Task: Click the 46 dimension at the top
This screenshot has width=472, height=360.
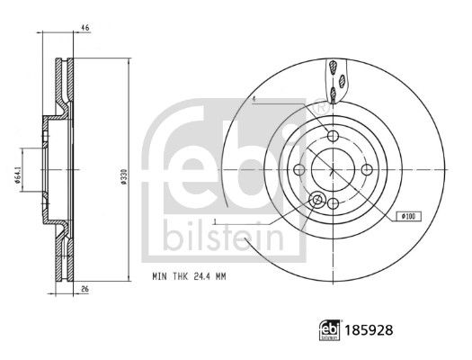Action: pyautogui.click(x=85, y=28)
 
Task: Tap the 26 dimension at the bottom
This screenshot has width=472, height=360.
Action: pyautogui.click(x=85, y=289)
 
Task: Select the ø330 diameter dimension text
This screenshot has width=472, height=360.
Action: pyautogui.click(x=123, y=176)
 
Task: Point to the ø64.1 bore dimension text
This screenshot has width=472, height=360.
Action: pyautogui.click(x=18, y=177)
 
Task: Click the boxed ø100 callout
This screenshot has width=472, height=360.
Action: pyautogui.click(x=408, y=216)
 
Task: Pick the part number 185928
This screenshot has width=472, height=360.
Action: pyautogui.click(x=369, y=330)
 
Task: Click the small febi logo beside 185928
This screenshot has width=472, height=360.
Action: pyautogui.click(x=330, y=330)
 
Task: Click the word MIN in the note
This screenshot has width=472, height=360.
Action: pyautogui.click(x=159, y=276)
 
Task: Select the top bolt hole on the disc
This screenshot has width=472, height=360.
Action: pyautogui.click(x=333, y=136)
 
